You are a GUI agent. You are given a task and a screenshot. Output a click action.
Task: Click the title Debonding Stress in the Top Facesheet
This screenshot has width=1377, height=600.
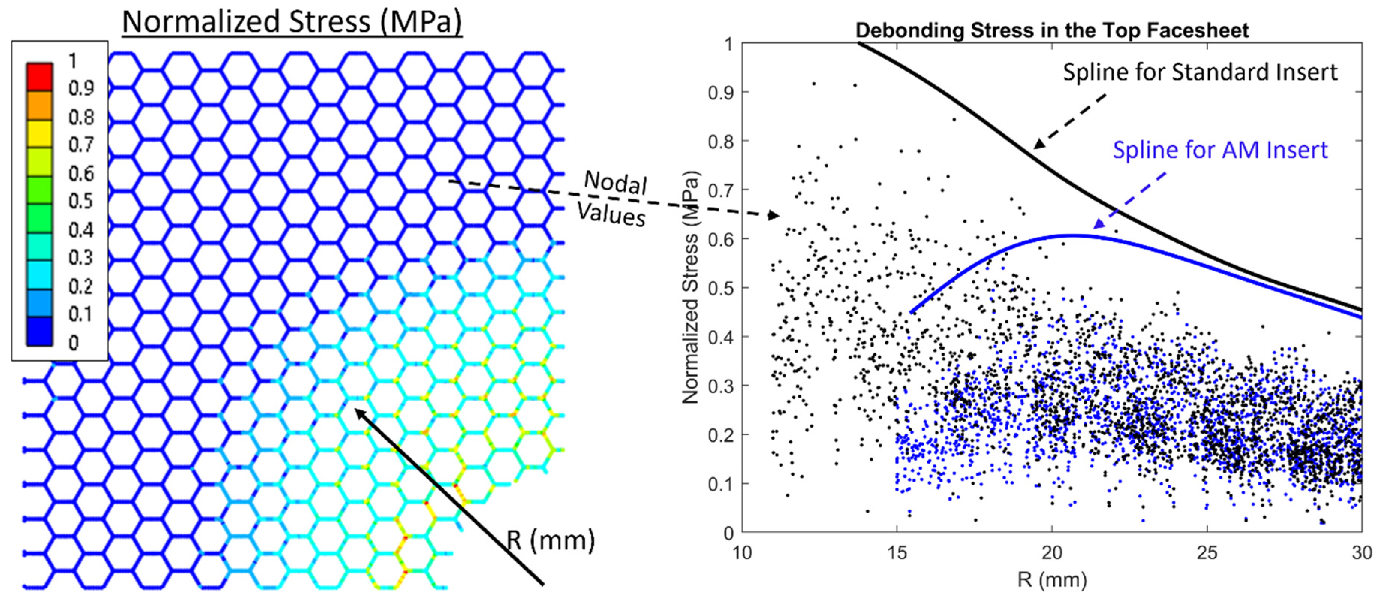(1052, 30)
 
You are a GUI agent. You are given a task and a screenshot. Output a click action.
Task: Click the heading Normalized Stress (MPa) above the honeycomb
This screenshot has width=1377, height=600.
(292, 23)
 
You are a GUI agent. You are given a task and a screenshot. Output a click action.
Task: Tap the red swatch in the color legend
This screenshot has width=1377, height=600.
(39, 77)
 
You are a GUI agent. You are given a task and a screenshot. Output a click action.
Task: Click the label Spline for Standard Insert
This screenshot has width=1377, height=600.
(1199, 72)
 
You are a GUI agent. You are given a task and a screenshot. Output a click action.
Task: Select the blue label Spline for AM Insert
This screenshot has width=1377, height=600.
(1220, 150)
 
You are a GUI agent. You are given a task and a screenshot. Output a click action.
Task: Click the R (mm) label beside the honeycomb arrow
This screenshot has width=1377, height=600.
(551, 540)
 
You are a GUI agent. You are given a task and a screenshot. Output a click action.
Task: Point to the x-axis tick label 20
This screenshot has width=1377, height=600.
(1052, 552)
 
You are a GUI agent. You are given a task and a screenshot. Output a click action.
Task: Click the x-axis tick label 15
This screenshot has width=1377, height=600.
(897, 552)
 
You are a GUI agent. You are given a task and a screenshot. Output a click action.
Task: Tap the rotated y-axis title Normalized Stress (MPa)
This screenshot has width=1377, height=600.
(691, 288)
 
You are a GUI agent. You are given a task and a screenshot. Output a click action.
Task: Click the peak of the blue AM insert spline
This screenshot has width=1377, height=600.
(1072, 235)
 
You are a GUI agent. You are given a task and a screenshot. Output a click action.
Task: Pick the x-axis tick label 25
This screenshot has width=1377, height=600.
(1207, 552)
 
